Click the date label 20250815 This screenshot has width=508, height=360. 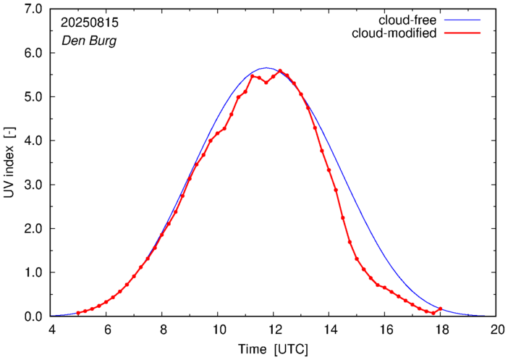(x=89, y=22)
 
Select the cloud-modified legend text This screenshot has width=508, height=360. (x=394, y=33)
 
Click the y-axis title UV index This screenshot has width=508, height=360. (x=8, y=163)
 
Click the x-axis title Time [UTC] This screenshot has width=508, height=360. (x=274, y=349)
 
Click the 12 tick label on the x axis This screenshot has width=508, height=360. (x=274, y=330)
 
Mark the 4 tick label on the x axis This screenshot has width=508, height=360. (x=51, y=330)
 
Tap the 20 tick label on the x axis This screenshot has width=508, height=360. (x=496, y=330)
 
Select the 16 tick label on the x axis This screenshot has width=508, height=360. (x=385, y=330)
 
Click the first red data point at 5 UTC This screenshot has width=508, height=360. (x=78, y=313)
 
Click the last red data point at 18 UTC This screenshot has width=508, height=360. (x=440, y=309)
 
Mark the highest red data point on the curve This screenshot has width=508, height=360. (x=280, y=71)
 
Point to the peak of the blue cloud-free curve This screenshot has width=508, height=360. (x=266, y=68)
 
